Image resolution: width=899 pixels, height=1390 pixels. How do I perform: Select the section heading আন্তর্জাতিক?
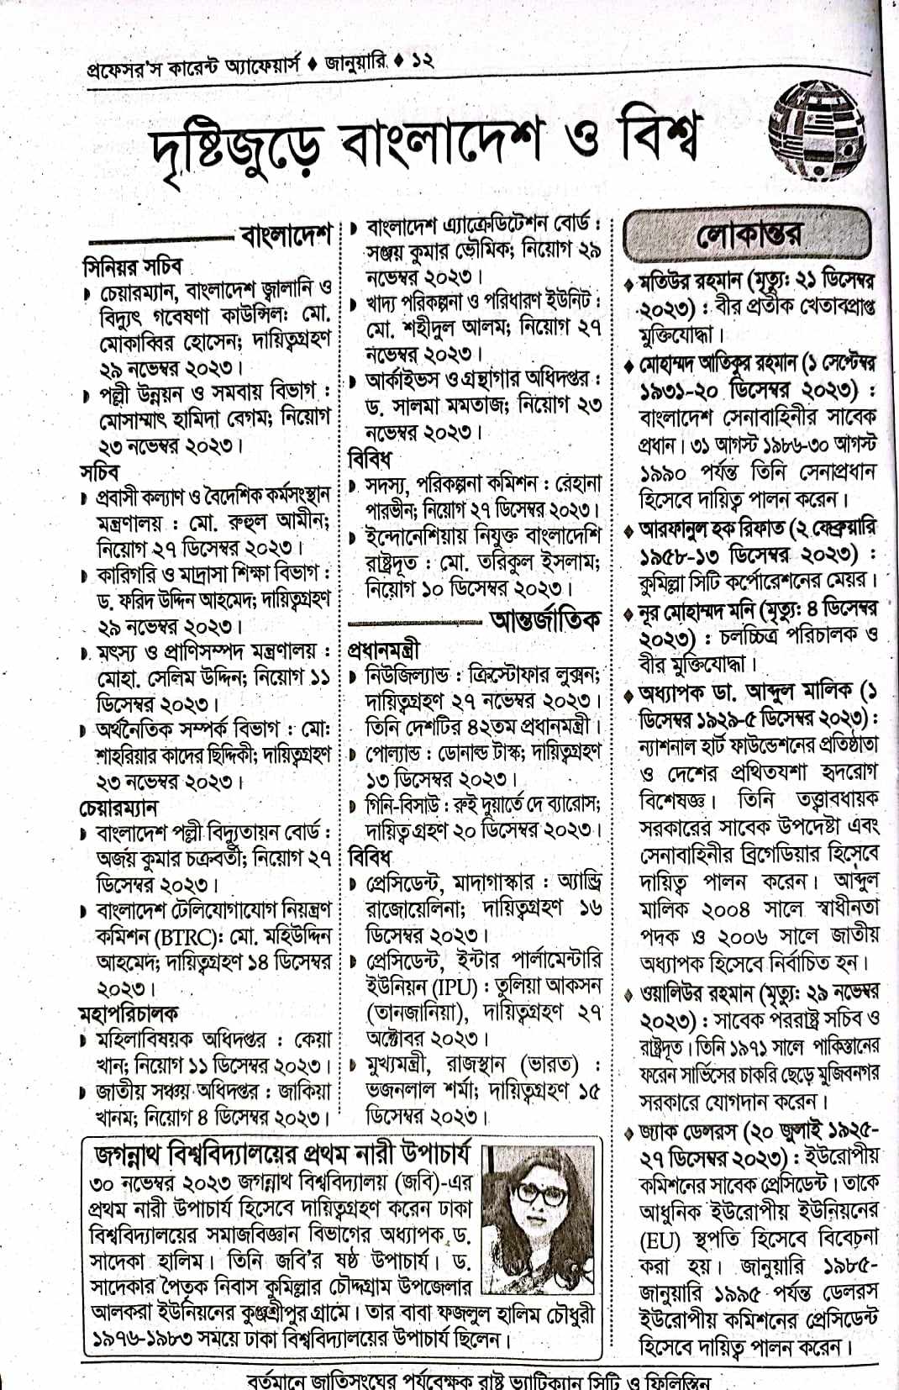pyautogui.click(x=546, y=621)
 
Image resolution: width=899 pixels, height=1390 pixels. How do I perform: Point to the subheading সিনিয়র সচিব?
pyautogui.click(x=132, y=266)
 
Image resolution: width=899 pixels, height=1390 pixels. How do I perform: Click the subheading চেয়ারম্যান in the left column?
pyautogui.click(x=118, y=808)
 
